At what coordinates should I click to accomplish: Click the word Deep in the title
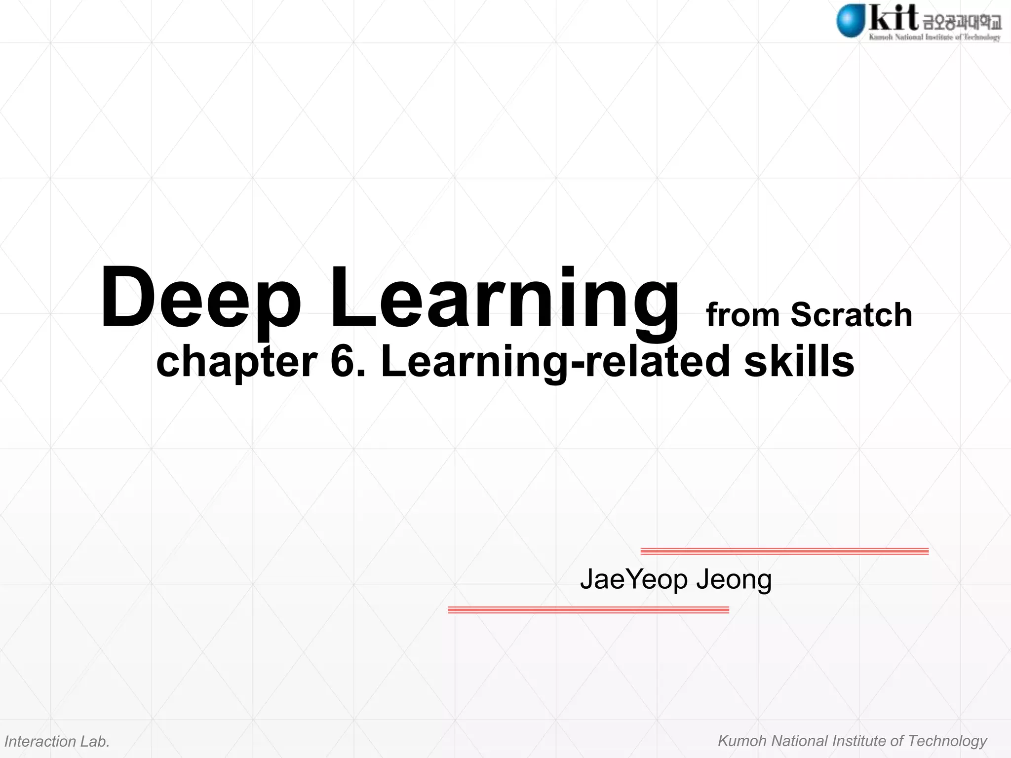[200, 299]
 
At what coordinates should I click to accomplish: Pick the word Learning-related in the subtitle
[555, 361]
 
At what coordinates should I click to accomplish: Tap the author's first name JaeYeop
[633, 580]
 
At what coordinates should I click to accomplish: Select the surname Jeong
[734, 580]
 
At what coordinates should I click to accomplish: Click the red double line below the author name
[588, 610]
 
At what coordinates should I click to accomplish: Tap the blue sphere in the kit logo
[850, 21]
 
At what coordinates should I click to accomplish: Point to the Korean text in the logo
[962, 22]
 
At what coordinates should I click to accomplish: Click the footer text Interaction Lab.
[57, 741]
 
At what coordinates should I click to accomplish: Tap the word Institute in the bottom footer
[859, 741]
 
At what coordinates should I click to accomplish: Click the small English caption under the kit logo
[934, 37]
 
